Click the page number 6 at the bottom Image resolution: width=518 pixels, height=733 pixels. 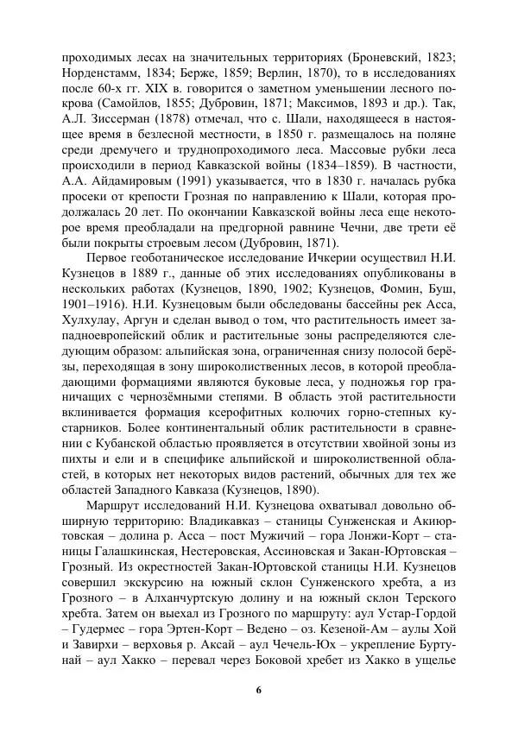click(259, 690)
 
